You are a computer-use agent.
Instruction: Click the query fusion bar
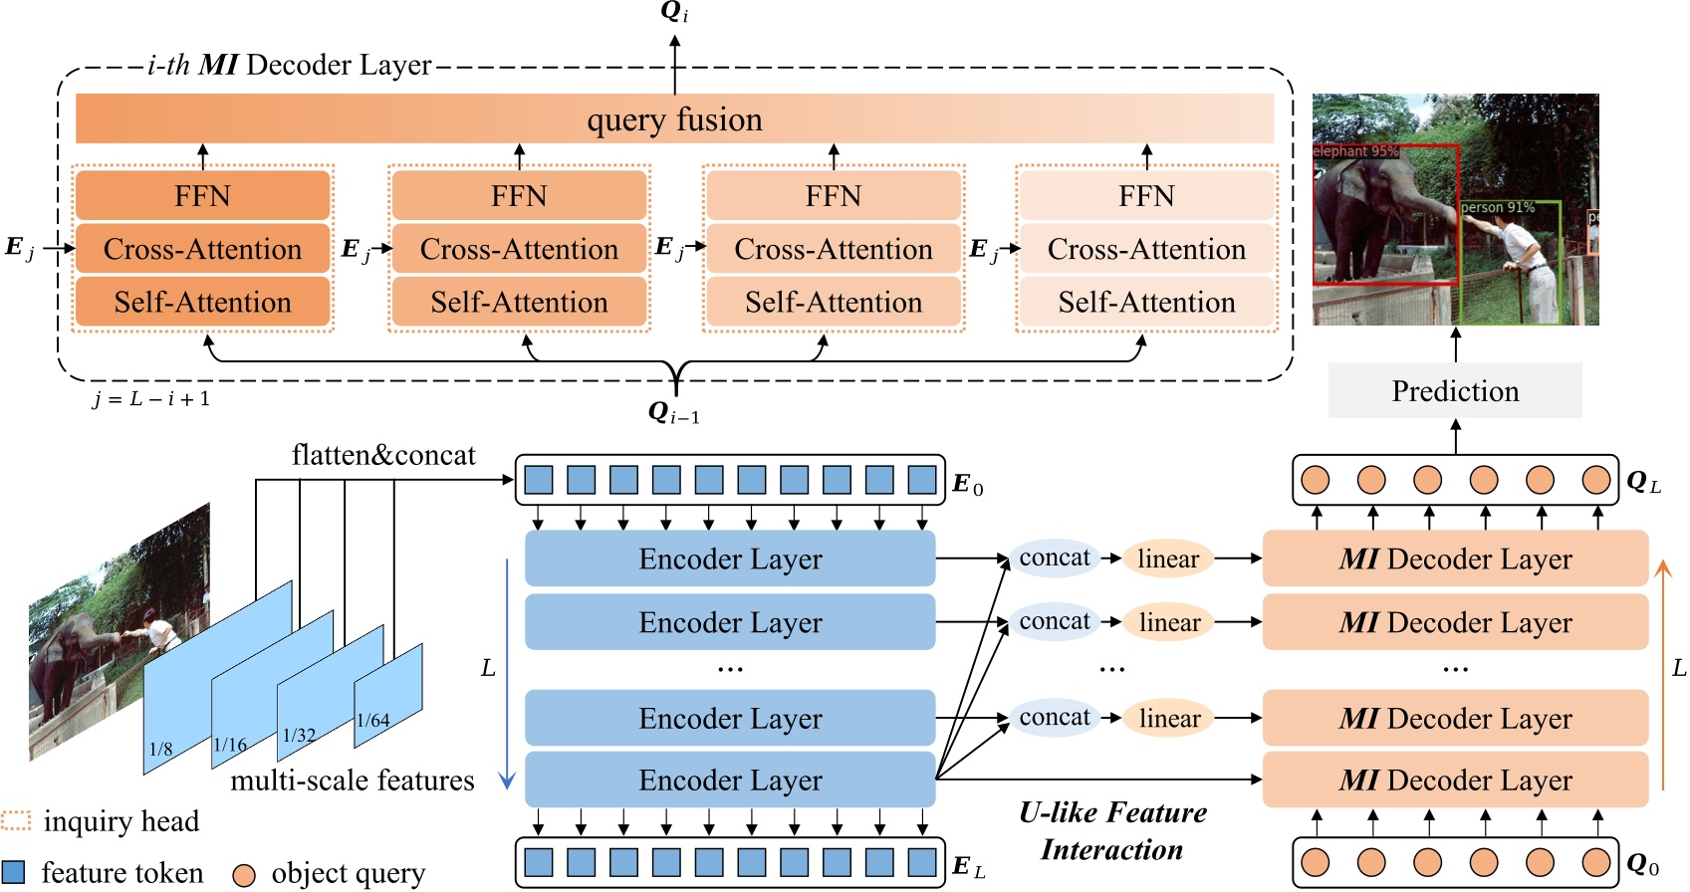[x=674, y=119]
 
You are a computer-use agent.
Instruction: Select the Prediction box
[x=1455, y=391]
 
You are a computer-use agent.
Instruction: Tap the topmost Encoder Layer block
[x=730, y=558]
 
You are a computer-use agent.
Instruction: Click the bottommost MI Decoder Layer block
[x=1455, y=780]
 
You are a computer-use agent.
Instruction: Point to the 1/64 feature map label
[x=373, y=721]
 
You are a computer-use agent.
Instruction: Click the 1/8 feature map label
[x=160, y=749]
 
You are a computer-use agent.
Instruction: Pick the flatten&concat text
[x=383, y=455]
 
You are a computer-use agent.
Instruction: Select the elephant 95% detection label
[x=1355, y=151]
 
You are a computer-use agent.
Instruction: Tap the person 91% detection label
[x=1498, y=207]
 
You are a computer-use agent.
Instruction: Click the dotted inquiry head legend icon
[x=16, y=820]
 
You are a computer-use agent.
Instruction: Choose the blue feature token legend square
[x=14, y=872]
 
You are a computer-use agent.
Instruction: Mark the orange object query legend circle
[x=244, y=874]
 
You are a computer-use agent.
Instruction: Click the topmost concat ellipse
[x=1055, y=558]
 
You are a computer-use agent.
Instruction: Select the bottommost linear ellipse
[x=1169, y=718]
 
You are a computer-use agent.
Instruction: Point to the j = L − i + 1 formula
[x=151, y=399]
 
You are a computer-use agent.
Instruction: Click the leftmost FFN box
[x=202, y=196]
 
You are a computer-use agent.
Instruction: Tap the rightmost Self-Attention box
[x=1146, y=302]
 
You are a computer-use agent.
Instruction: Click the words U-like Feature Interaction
[x=1112, y=831]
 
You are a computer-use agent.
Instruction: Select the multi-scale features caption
[x=353, y=780]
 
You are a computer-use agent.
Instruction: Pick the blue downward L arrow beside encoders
[x=507, y=677]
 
